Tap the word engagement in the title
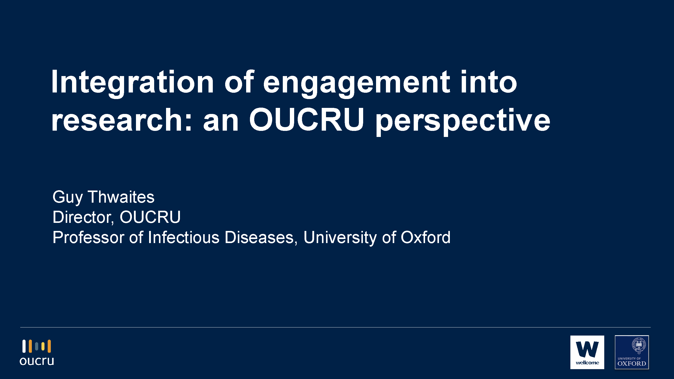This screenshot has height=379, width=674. [357, 83]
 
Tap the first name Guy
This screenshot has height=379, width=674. [67, 198]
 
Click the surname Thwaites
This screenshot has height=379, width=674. [121, 197]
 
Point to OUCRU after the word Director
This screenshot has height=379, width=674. [150, 217]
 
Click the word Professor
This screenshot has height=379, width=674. [88, 238]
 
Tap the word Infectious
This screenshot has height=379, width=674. [184, 238]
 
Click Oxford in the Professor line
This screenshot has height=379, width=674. [425, 238]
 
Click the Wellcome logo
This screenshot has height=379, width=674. [587, 352]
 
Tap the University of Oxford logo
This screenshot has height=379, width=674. [632, 352]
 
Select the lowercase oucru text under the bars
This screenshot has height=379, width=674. [37, 361]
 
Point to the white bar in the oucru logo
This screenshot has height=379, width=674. [24, 346]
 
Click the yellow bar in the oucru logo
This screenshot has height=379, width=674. [43, 346]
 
